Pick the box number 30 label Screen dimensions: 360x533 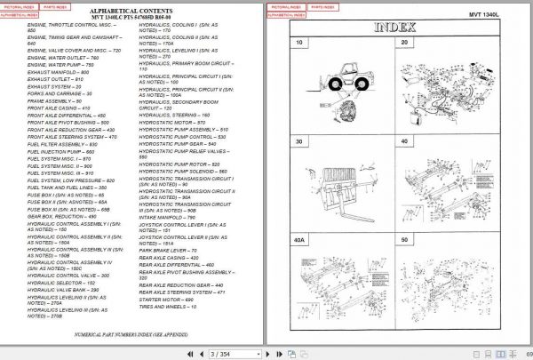[299, 140]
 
